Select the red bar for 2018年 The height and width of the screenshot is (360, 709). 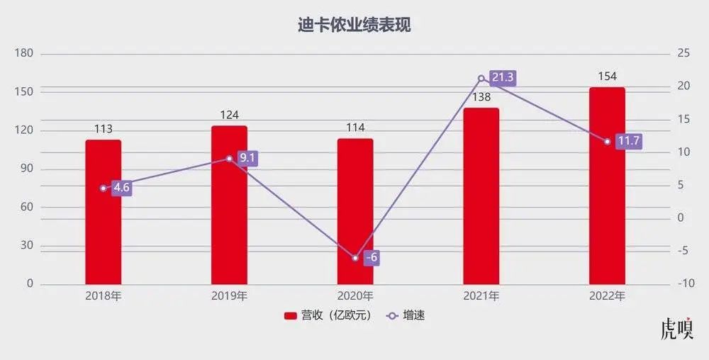(104, 213)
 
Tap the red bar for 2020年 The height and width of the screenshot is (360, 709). (355, 213)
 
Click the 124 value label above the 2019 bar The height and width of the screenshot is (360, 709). (229, 115)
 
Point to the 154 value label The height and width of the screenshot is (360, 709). (607, 77)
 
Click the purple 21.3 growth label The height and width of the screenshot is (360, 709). (502, 78)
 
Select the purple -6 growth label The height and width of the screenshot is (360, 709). (371, 258)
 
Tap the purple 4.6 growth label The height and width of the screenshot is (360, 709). (122, 189)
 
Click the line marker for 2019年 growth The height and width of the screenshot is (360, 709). (229, 159)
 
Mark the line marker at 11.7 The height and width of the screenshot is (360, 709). (607, 142)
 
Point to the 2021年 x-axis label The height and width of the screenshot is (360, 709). (481, 296)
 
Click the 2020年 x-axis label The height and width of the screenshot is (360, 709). (355, 296)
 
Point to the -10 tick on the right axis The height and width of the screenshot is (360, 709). (686, 283)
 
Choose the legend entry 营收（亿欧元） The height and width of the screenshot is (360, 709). (328, 315)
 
